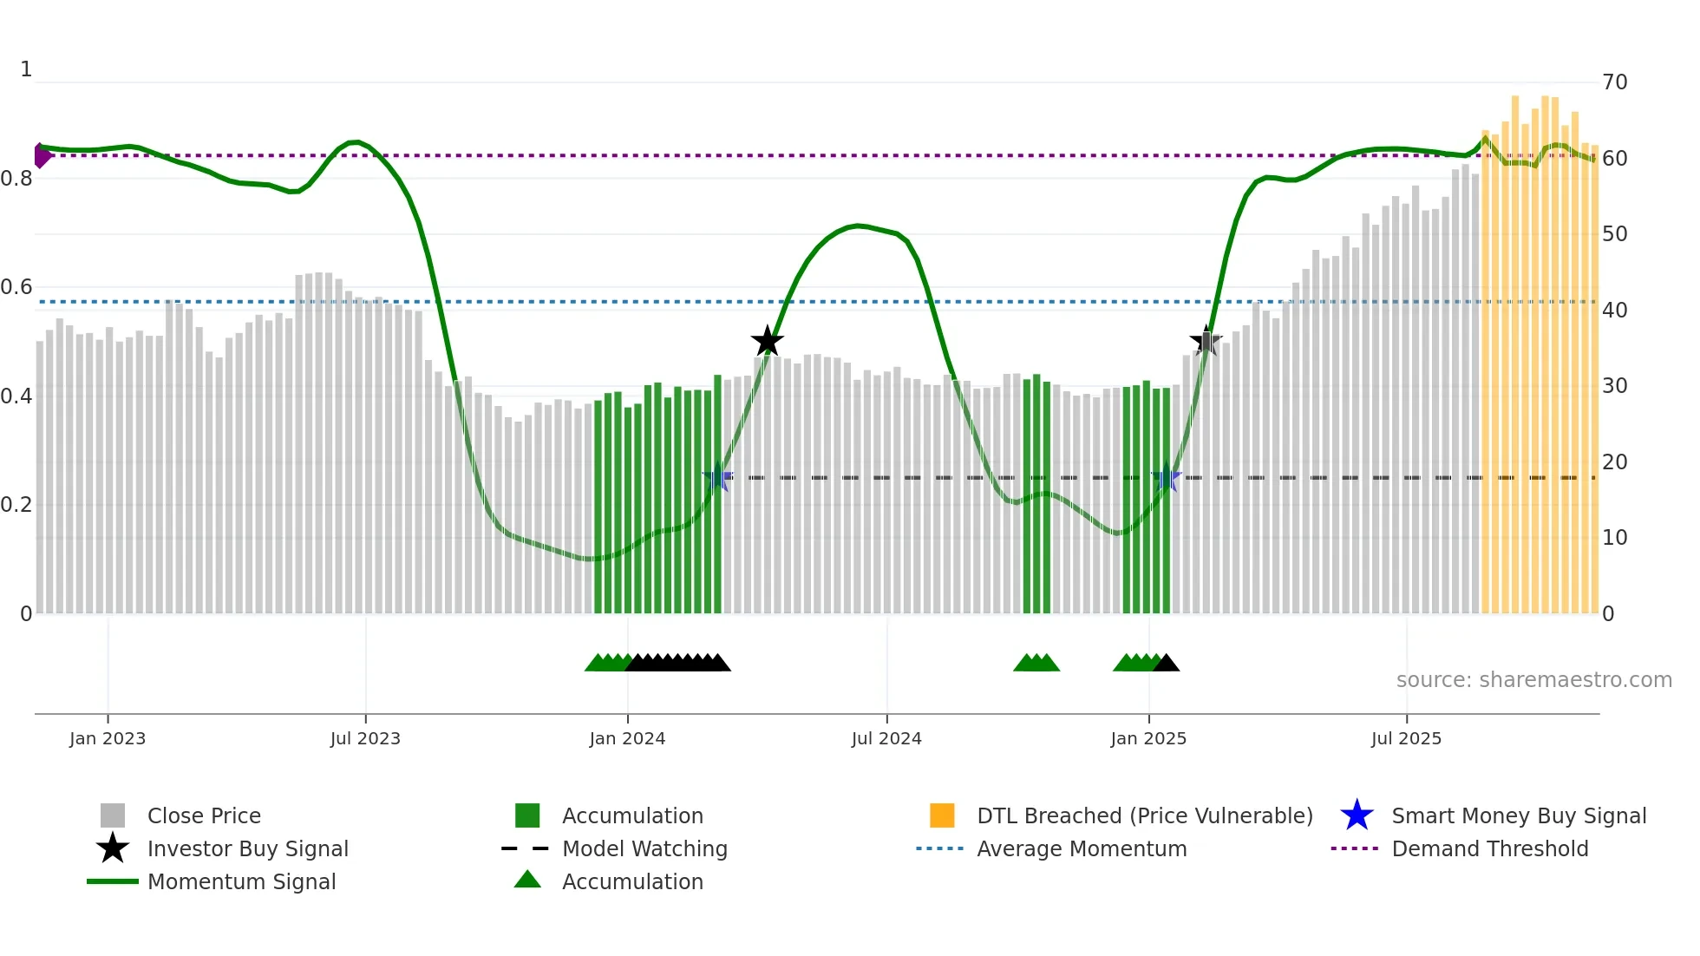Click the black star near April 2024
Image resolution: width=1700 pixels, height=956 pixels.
(767, 342)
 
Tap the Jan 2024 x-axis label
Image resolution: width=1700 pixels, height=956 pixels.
(627, 738)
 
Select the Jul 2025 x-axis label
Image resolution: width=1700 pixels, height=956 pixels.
(1406, 738)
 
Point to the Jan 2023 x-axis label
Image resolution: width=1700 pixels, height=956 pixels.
(108, 738)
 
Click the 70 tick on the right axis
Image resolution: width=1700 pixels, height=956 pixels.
(1614, 82)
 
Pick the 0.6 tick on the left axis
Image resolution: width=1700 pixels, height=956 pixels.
(16, 287)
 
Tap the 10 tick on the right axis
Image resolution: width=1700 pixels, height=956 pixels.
(1614, 538)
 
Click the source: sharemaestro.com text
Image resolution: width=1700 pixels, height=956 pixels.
(1533, 680)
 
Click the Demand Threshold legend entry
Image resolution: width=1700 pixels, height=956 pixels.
(1489, 848)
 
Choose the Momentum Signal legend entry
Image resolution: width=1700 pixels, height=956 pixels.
(241, 881)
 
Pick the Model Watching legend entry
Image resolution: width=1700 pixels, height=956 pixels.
(644, 848)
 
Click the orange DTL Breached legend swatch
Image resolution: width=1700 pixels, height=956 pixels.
(942, 815)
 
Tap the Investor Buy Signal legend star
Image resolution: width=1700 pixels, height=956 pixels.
(113, 848)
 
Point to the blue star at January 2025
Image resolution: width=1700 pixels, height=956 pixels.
(1167, 478)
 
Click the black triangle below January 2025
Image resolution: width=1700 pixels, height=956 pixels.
(1167, 664)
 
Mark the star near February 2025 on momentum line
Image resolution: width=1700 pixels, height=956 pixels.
(1206, 342)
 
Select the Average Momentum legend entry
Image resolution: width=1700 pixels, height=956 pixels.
(1082, 848)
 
